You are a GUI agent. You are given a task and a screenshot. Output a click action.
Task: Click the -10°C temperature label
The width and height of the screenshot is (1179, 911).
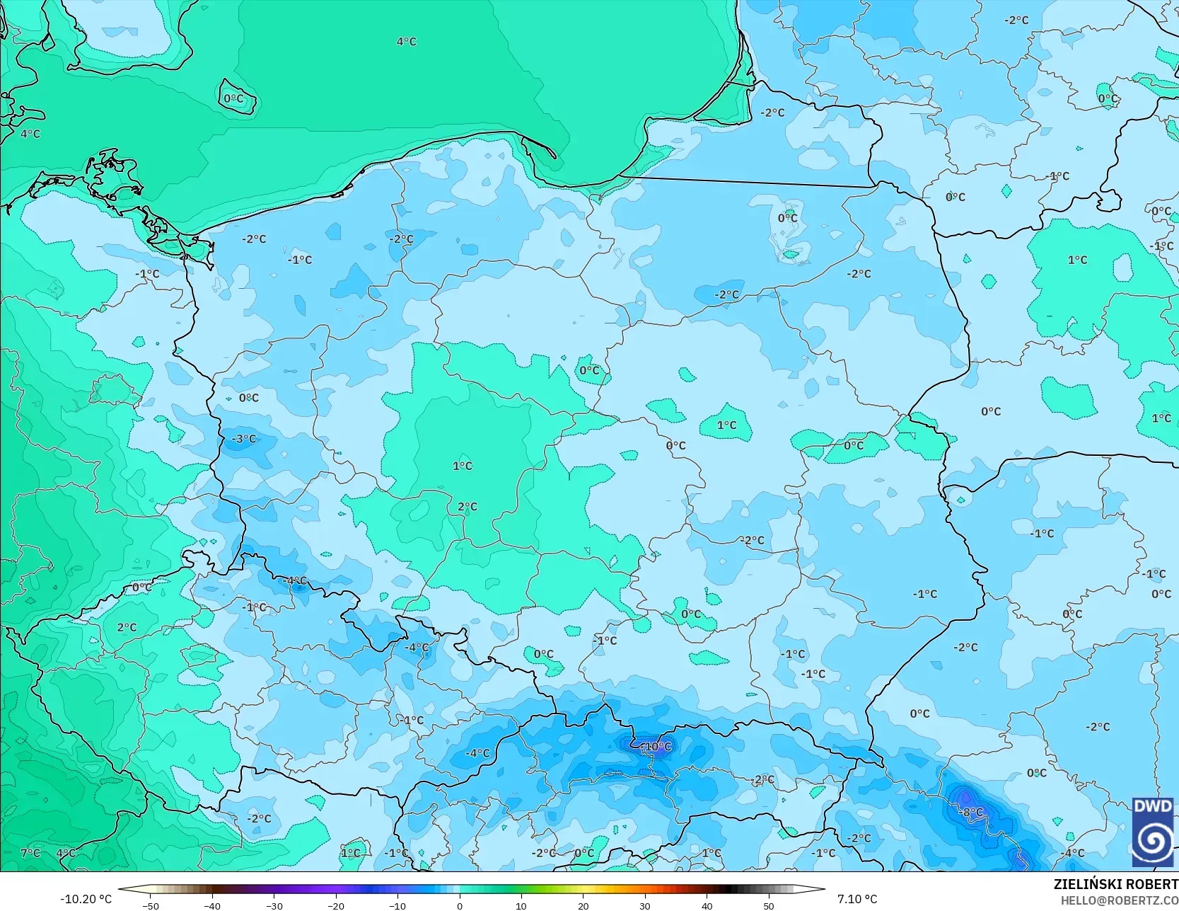(657, 747)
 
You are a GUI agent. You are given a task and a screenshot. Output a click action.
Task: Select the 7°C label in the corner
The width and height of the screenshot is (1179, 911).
(30, 853)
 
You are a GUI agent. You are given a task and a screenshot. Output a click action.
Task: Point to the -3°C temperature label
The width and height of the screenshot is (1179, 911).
(244, 439)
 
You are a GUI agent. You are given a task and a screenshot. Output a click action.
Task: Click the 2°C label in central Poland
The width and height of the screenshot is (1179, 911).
(467, 507)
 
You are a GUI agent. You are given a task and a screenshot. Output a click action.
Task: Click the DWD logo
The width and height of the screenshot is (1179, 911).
(1153, 832)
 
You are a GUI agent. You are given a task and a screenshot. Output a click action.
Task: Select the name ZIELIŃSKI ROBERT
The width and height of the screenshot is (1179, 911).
(1115, 884)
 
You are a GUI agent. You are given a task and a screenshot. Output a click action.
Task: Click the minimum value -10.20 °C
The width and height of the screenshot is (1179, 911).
(86, 899)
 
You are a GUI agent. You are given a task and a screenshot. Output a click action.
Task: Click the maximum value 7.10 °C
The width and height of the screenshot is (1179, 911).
(857, 899)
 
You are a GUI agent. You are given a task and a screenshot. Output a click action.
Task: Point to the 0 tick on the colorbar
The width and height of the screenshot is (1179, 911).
(460, 905)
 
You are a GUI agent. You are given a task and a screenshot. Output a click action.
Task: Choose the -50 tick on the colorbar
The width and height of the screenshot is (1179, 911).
(151, 905)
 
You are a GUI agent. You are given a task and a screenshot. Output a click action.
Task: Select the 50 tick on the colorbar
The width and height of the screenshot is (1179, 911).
(769, 905)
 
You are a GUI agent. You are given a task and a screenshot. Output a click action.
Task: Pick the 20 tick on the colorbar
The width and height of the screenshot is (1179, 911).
(583, 905)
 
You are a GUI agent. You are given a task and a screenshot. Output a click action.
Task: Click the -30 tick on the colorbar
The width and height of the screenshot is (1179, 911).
(274, 905)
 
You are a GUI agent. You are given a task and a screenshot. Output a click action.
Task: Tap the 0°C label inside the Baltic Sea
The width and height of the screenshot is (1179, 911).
(234, 99)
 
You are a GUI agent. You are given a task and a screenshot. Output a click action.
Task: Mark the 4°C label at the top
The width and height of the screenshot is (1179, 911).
(407, 42)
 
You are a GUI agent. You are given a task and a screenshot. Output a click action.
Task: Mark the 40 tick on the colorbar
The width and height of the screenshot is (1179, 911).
(707, 905)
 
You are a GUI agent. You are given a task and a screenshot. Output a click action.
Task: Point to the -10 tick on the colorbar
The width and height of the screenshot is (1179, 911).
(397, 905)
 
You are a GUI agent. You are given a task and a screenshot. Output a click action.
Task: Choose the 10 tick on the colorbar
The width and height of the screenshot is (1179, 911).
(521, 905)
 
